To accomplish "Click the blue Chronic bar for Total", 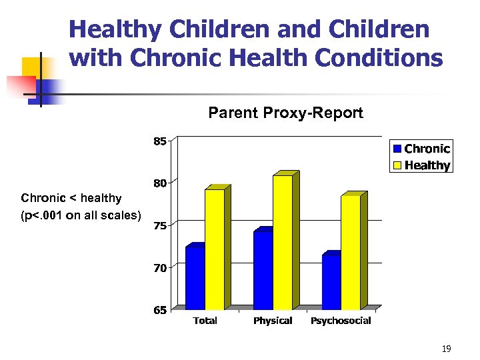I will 195,278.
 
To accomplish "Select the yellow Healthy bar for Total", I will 215,249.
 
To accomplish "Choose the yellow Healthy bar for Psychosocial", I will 351,252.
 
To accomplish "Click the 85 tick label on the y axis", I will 160,141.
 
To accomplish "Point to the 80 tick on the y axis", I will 160,183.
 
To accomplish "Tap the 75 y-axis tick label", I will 160,226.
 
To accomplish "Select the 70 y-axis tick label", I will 160,268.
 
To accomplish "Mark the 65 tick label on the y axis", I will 160,311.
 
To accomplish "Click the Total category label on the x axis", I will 205,321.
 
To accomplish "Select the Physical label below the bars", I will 273,321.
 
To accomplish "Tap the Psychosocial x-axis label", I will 341,321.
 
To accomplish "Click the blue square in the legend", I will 397,149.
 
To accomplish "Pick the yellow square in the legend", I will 397,165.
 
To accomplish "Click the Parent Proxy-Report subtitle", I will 285,113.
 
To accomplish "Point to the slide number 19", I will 446,348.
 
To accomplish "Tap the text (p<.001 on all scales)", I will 81,215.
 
